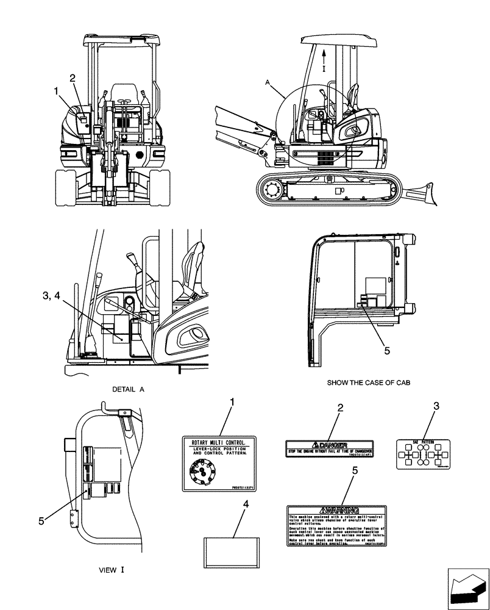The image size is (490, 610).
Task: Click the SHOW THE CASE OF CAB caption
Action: point(369,382)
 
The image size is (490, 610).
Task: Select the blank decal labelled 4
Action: point(232,552)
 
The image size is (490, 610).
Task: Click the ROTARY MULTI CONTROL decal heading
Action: point(219,441)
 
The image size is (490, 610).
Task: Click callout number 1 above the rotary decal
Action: point(232,403)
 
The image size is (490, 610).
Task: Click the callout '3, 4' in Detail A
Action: point(51,296)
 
